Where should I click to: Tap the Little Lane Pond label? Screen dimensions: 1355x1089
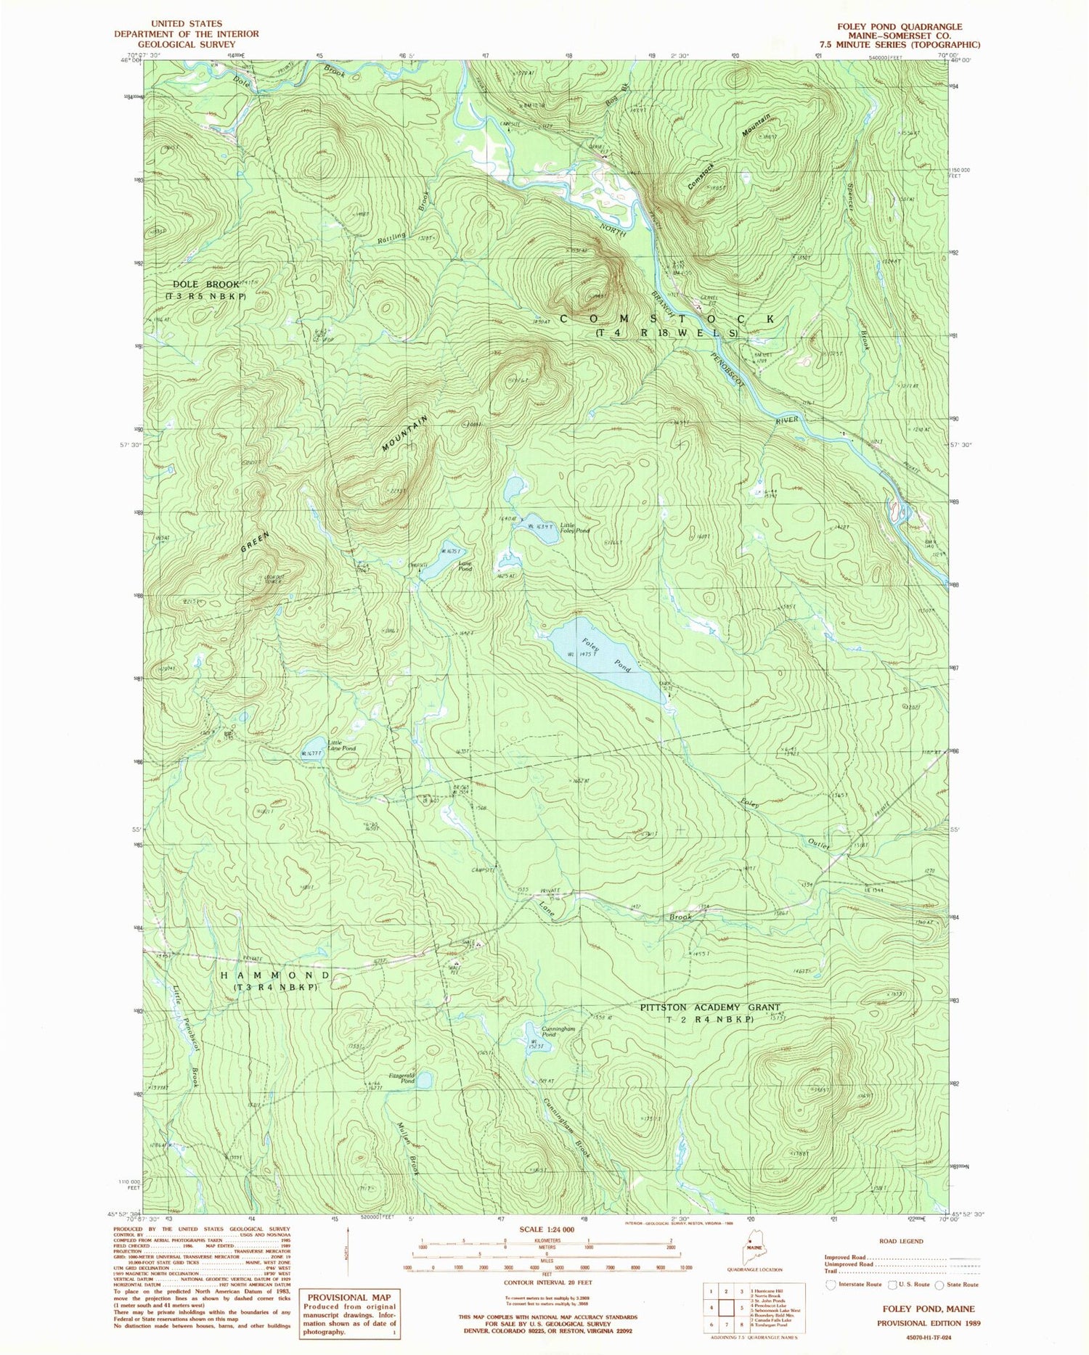[x=340, y=745]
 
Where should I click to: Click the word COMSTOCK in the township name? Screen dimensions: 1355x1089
[x=666, y=319]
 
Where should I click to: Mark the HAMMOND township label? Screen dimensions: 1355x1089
[x=275, y=975]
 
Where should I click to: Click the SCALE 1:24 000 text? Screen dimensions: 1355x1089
[x=546, y=1229]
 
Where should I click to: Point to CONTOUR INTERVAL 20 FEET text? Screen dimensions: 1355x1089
[x=546, y=1282]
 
